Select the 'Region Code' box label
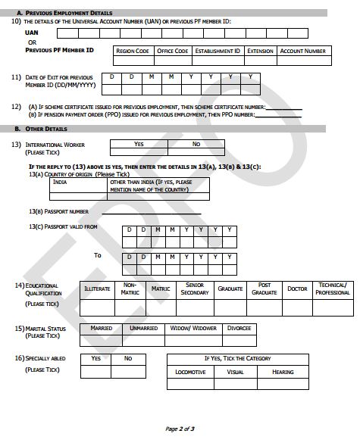coord(132,51)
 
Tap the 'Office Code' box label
coord(172,51)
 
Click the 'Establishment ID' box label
coord(217,51)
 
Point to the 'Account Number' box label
coord(303,51)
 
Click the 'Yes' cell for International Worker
coord(139,144)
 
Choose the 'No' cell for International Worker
coord(196,144)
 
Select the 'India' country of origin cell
coord(61,182)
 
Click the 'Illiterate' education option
coord(98,288)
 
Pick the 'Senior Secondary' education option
coord(194,288)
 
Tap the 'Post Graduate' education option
coord(265,288)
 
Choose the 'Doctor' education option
coord(297,288)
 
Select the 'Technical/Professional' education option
coord(333,288)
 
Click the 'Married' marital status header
coord(101,329)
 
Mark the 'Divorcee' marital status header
coord(238,329)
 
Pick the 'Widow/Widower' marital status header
coord(193,329)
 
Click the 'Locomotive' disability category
coord(189,373)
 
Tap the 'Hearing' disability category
coord(283,373)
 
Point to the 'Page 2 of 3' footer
coord(180,429)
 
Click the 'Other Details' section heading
coord(52,129)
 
